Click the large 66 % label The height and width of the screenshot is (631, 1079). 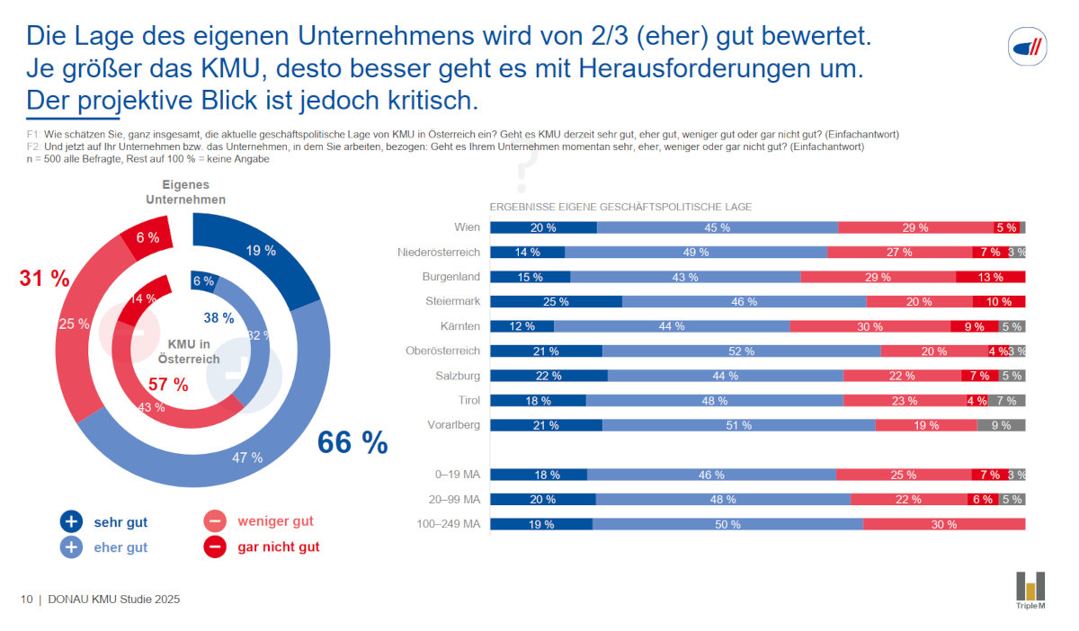click(x=352, y=442)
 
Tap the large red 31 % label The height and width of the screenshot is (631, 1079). click(x=44, y=279)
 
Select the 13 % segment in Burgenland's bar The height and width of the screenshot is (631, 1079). click(x=990, y=277)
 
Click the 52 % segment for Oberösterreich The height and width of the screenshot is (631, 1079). click(x=741, y=351)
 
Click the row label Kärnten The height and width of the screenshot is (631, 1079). click(x=459, y=326)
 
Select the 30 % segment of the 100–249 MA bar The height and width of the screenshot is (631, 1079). click(x=944, y=524)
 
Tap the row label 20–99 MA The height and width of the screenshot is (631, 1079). click(x=453, y=499)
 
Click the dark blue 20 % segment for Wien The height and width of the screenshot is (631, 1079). click(x=543, y=227)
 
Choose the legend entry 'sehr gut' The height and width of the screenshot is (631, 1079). click(x=120, y=521)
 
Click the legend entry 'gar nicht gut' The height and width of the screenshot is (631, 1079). click(x=278, y=547)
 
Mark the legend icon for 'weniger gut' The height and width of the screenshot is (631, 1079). click(x=215, y=521)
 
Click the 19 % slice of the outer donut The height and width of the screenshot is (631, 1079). click(x=261, y=251)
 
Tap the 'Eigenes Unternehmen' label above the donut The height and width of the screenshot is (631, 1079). click(x=186, y=191)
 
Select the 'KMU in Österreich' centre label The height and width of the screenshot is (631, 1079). click(x=189, y=351)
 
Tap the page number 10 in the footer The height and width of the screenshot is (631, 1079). click(x=27, y=600)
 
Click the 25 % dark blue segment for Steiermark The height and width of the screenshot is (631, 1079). click(x=556, y=302)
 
